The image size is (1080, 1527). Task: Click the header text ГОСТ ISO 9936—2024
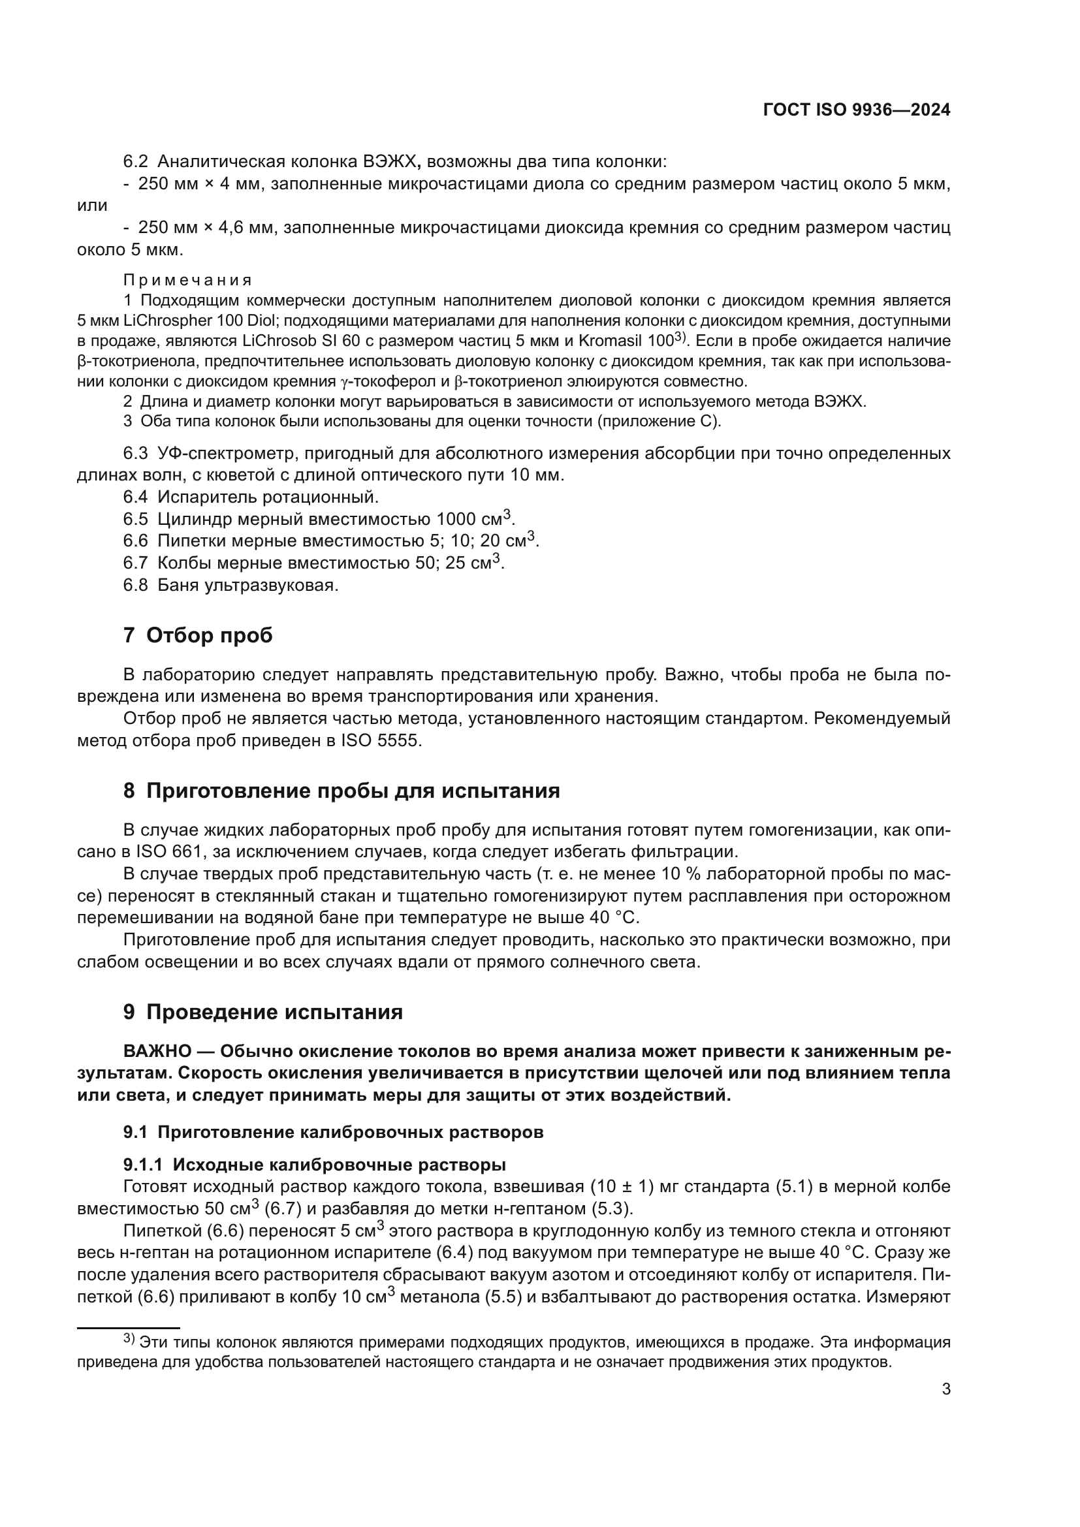pos(857,110)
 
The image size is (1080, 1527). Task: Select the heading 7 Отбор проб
pos(199,635)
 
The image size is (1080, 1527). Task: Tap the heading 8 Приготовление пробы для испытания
pos(341,791)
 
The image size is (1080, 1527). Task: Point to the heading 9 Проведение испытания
pos(263,1013)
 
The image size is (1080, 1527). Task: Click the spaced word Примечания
pos(187,280)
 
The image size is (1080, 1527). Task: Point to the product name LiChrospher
pos(165,321)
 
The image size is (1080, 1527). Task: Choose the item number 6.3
pos(135,454)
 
